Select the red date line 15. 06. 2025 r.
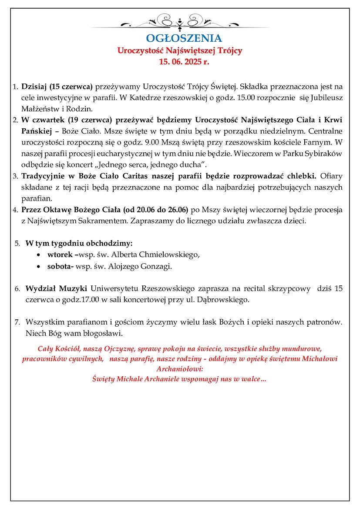[180, 62]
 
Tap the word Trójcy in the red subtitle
[229, 50]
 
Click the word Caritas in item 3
[133, 176]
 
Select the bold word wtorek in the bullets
[60, 254]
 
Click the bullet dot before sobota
[40, 266]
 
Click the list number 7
[17, 322]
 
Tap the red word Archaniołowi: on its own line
[180, 369]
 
